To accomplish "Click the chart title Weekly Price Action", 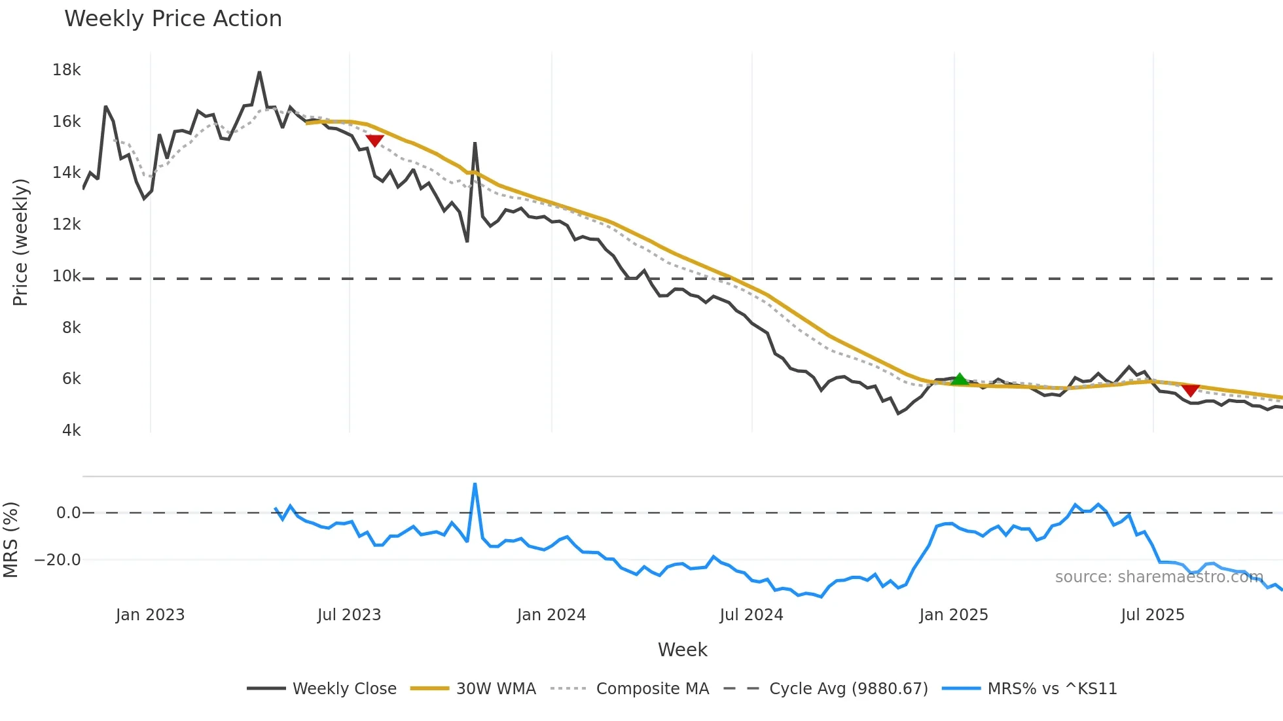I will tap(173, 19).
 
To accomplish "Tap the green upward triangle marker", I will tap(960, 379).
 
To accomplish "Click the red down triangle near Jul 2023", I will tap(374, 140).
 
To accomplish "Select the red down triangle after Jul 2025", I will tap(1191, 391).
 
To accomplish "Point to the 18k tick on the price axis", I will tap(67, 70).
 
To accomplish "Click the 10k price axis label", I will tap(67, 276).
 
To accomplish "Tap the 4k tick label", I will tap(71, 431).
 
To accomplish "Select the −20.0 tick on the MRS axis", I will tap(58, 560).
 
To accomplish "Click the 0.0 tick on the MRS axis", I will tap(68, 513).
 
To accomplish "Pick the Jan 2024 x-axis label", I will tap(551, 615).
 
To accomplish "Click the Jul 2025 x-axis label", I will tap(1153, 615).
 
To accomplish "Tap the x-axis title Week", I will tap(682, 650).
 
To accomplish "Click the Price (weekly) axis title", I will tap(20, 242).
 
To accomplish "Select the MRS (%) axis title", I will tap(11, 540).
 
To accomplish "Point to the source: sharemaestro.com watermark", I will tap(1159, 577).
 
